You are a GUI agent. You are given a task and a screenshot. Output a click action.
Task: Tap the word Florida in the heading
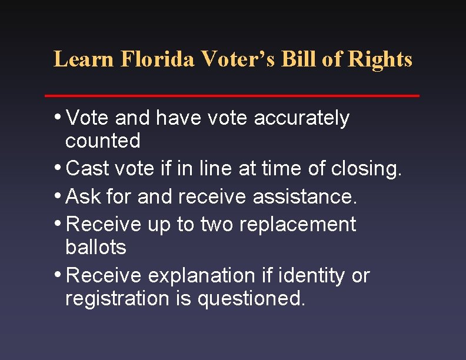157,59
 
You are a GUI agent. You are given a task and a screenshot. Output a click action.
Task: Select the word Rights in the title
380,59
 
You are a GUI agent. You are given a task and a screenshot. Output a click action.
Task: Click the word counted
103,141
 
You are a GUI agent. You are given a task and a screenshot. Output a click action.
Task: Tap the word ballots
96,247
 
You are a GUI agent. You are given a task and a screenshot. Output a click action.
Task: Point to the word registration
118,299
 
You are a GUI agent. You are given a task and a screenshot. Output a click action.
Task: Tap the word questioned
252,299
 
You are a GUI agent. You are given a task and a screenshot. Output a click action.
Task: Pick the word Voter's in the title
239,59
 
